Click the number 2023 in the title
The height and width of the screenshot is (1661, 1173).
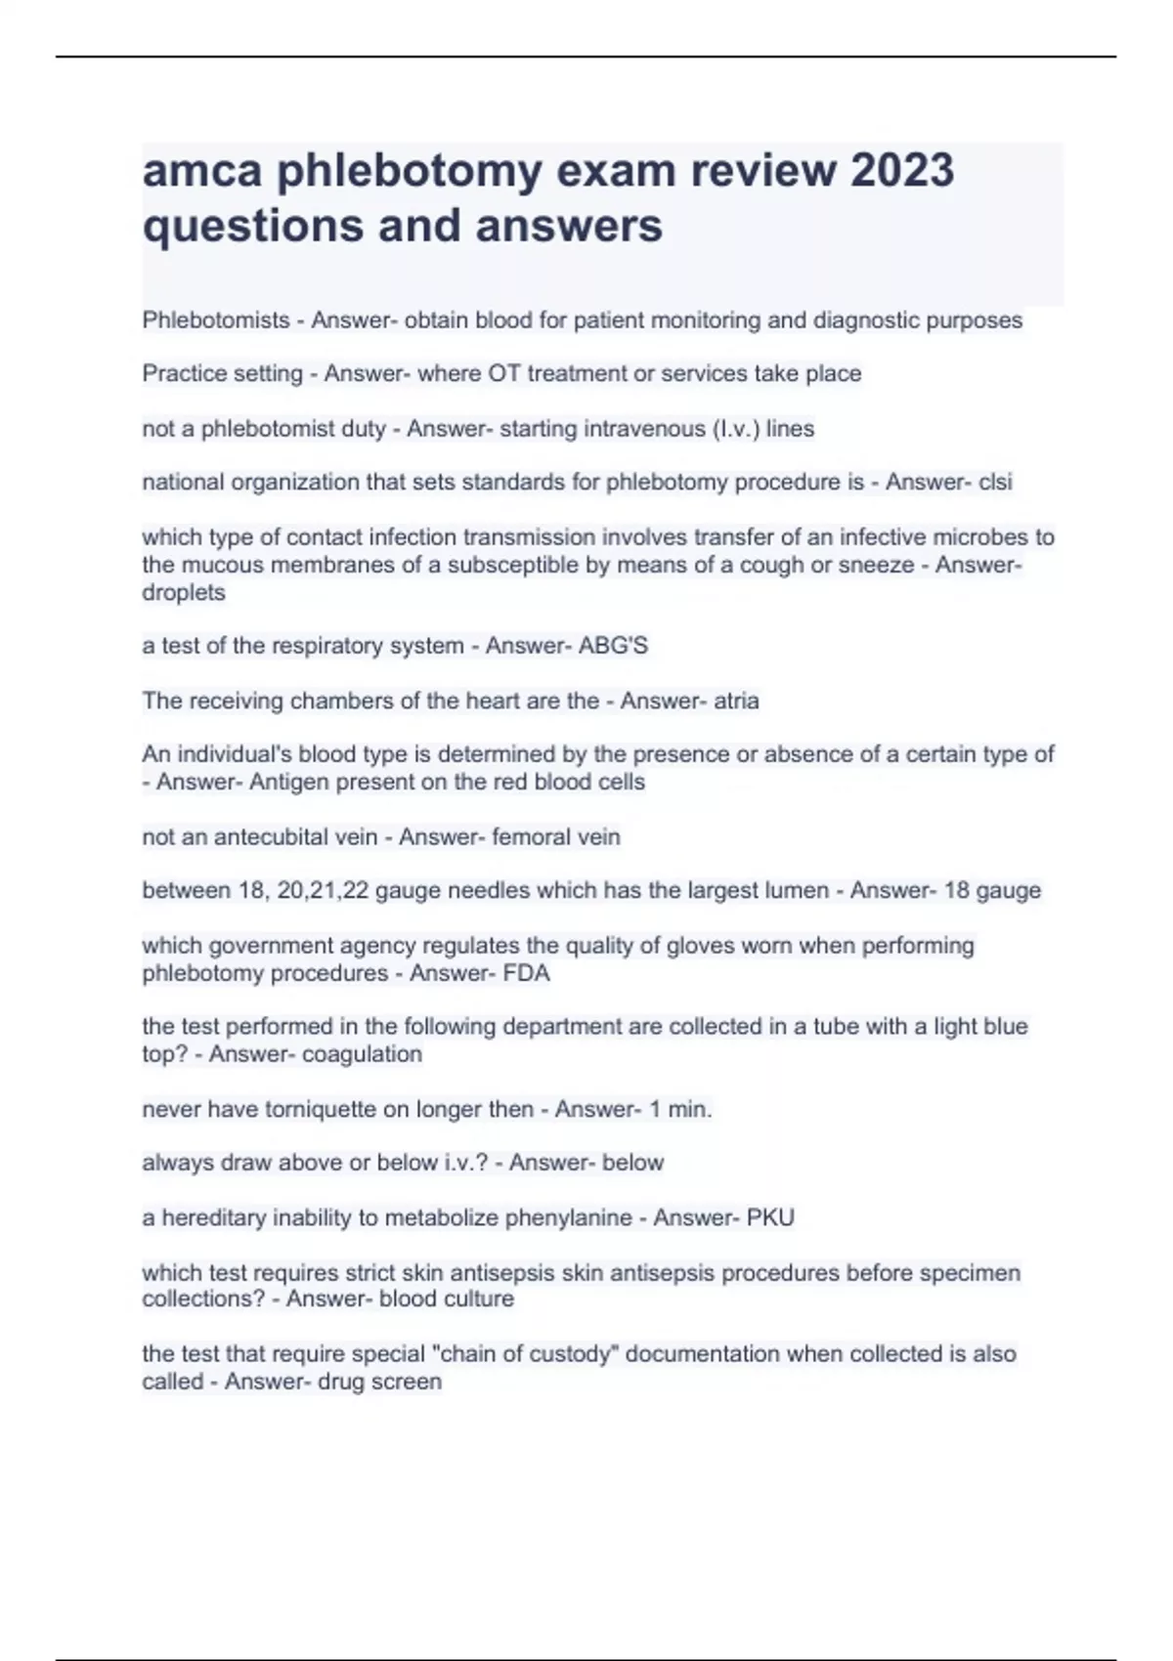point(901,170)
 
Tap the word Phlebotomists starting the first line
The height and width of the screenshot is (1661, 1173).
point(216,320)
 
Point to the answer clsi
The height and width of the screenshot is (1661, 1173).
point(995,482)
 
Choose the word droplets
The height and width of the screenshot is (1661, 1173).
point(184,592)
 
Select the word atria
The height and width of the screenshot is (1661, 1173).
point(736,701)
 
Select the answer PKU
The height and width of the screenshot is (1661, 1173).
point(770,1217)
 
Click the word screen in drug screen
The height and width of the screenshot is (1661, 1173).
point(407,1382)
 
